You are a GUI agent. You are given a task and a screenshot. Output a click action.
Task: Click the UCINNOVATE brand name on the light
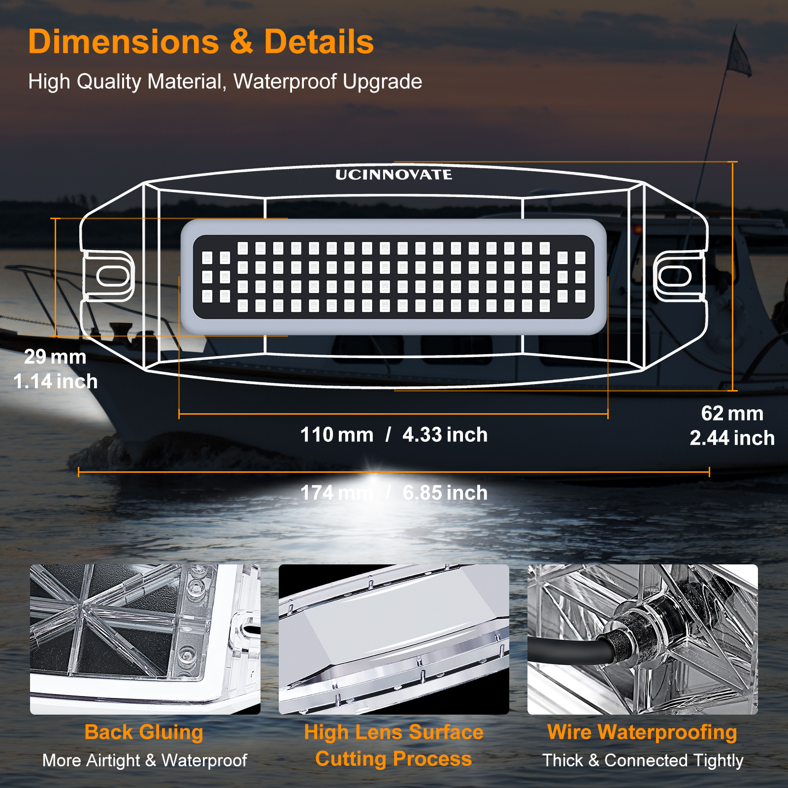coord(394,175)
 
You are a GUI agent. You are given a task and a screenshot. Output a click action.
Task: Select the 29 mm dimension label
coord(55,357)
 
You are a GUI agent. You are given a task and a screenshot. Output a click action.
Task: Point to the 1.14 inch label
coord(55,381)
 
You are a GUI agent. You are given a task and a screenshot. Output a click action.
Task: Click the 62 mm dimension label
coord(732,413)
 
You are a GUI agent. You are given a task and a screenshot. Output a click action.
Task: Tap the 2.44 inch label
coord(732,438)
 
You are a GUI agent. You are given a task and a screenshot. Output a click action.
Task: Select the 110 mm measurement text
coord(337,435)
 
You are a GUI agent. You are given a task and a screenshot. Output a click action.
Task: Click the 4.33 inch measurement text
coord(445,435)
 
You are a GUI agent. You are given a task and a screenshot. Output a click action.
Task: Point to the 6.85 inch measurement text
coord(445,493)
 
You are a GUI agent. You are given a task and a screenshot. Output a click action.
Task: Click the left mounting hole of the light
coord(113,276)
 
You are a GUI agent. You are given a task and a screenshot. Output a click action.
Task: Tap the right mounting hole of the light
coord(675,276)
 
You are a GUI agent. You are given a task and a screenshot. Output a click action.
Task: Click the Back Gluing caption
coord(144,732)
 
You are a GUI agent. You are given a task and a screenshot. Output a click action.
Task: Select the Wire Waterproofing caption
coord(642,732)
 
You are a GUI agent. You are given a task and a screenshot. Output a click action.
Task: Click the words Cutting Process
coord(394,758)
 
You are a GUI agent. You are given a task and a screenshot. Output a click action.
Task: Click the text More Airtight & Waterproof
coord(144,760)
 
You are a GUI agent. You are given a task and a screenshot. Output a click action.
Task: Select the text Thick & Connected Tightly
coord(643,760)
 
